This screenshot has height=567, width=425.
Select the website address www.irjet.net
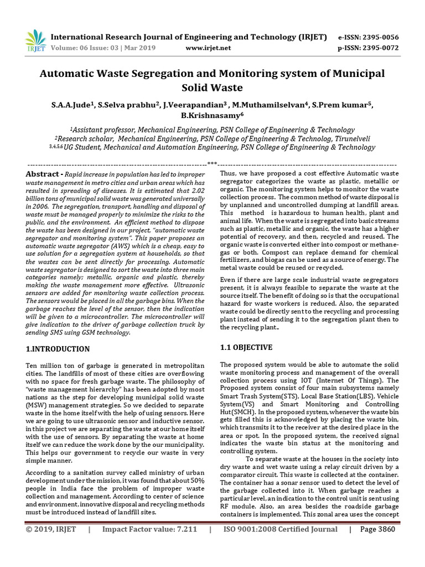click(x=208, y=48)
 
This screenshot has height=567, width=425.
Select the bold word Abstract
click(x=42, y=174)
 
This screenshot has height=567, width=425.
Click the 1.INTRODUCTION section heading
click(x=58, y=349)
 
